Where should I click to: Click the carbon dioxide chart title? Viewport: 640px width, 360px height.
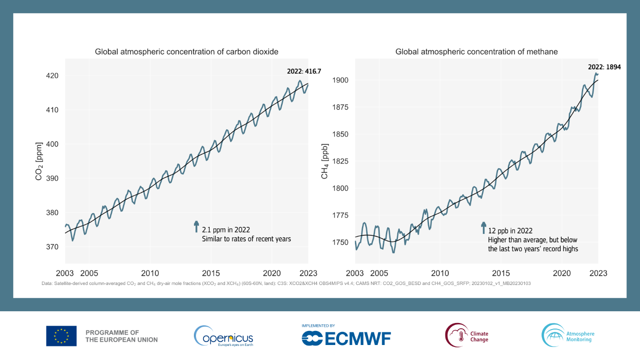(187, 52)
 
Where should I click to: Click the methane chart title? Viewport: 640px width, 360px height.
(476, 52)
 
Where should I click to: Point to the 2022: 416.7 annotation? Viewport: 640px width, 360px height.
(304, 72)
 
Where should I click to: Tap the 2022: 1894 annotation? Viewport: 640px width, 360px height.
(604, 67)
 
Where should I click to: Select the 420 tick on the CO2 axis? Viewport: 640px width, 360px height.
(53, 76)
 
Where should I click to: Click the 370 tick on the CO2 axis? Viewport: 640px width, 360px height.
(53, 247)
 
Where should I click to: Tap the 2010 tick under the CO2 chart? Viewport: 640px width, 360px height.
(150, 273)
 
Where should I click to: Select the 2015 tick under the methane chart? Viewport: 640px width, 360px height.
(501, 273)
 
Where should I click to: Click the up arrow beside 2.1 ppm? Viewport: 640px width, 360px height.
(196, 227)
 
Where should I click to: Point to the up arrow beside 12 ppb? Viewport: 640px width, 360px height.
(483, 228)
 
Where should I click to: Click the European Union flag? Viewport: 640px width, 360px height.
(61, 336)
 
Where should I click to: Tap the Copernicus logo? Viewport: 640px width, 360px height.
(224, 336)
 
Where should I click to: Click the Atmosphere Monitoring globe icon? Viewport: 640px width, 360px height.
(553, 335)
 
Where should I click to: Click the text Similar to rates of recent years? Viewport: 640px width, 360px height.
(246, 239)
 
